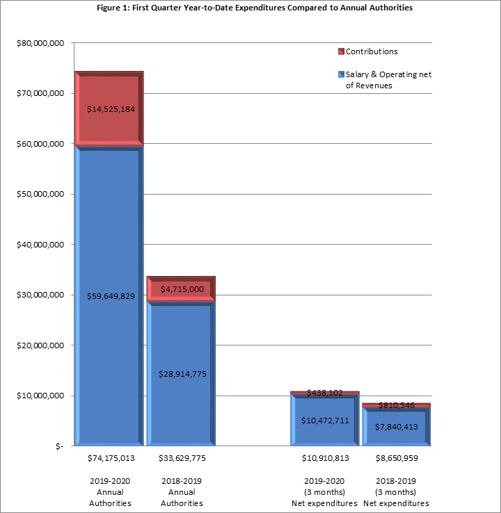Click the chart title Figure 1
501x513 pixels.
pyautogui.click(x=250, y=8)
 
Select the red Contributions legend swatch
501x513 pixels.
pyautogui.click(x=340, y=51)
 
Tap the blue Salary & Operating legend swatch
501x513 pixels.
pyautogui.click(x=340, y=74)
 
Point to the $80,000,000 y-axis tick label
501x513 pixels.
pyautogui.click(x=40, y=43)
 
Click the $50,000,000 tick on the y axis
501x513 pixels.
pyautogui.click(x=40, y=194)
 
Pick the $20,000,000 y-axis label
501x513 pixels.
pyautogui.click(x=40, y=345)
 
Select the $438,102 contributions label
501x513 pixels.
pyautogui.click(x=324, y=393)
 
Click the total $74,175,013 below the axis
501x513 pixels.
pyautogui.click(x=111, y=458)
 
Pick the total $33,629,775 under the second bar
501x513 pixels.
pyautogui.click(x=182, y=458)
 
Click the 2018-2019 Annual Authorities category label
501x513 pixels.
pyautogui.click(x=182, y=491)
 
